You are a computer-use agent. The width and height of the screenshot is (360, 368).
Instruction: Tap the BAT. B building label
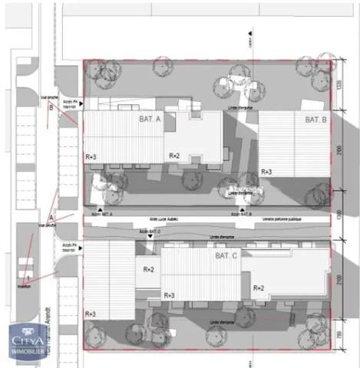316,120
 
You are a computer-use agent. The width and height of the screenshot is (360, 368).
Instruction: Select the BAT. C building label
226,255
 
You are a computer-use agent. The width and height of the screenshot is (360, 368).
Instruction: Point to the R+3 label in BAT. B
266,172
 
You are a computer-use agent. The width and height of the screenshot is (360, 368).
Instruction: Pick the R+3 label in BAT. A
91,156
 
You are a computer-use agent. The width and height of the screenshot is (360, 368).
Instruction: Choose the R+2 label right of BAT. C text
259,287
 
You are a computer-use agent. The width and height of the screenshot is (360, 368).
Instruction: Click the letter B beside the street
51,108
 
